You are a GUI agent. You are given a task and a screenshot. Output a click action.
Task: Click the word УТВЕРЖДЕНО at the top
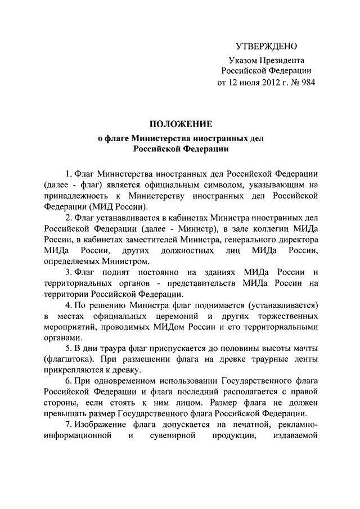click(x=265, y=46)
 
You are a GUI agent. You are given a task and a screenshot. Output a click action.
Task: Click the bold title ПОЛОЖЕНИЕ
click(x=180, y=124)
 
